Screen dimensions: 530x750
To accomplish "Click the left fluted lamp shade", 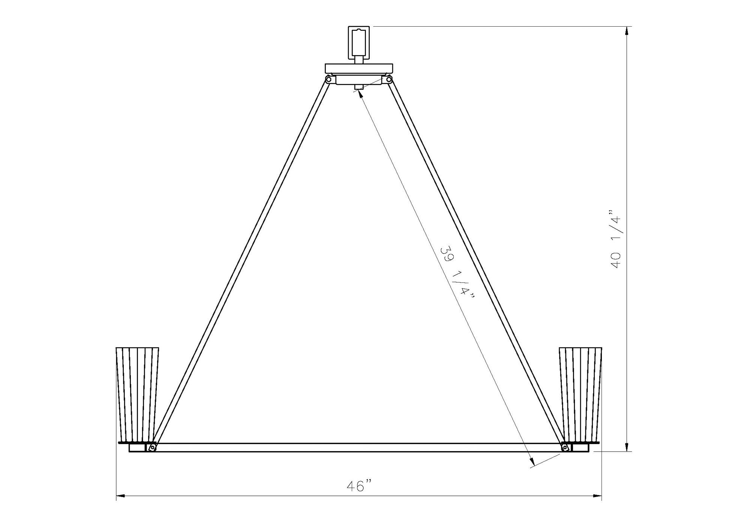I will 137,394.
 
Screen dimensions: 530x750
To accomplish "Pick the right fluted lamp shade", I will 580,394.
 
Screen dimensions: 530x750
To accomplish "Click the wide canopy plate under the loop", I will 359,68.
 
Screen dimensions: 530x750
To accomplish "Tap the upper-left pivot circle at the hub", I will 328,80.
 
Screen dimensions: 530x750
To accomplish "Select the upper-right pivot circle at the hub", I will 389,80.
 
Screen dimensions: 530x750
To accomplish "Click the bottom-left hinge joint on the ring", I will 152,447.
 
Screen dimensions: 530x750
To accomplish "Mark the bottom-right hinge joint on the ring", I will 565,447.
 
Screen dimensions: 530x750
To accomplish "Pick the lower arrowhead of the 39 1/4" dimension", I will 531,463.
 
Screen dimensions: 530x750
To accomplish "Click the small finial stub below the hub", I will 359,87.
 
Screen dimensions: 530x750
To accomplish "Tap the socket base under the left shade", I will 137,448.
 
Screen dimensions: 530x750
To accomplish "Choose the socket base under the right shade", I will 580,448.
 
